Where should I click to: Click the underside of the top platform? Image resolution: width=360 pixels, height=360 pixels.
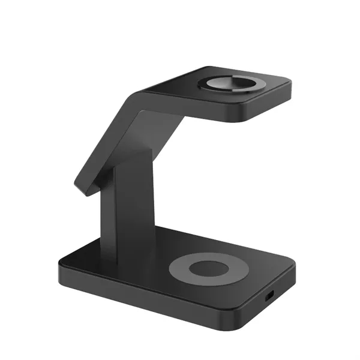198,117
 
